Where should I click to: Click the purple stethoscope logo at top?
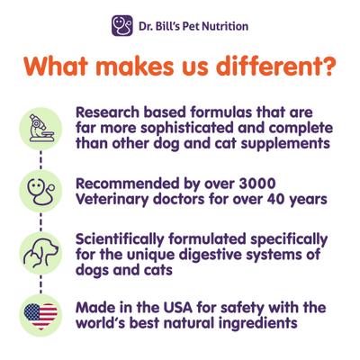coord(121,25)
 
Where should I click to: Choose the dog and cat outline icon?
coord(40,251)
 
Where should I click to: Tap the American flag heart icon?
coord(40,314)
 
